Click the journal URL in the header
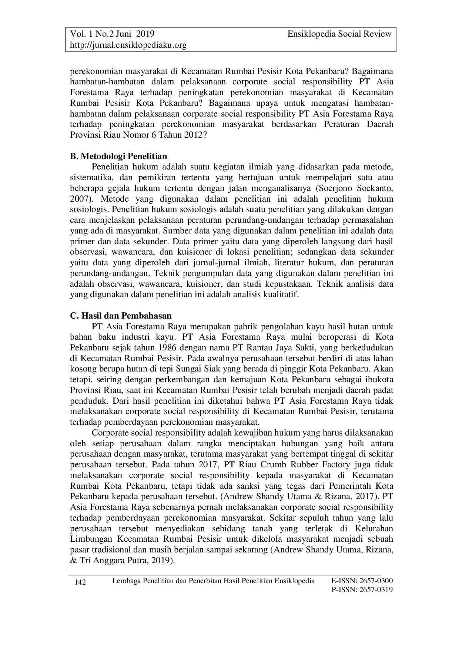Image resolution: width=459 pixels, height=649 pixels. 128,45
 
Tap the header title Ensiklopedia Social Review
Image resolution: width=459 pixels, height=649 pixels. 339,34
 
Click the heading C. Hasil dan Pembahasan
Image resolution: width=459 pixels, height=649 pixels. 121,316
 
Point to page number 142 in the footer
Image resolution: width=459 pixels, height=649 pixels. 80,583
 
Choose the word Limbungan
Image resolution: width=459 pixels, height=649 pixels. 91,539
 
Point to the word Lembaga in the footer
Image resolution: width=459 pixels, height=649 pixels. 125,580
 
